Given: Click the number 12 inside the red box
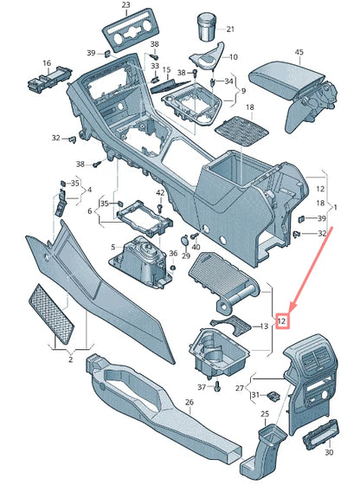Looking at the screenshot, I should pos(281,320).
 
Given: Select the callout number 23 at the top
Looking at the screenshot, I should pos(125,6).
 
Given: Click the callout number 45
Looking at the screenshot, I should pos(299,53).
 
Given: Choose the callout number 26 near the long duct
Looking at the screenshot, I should pos(190,403).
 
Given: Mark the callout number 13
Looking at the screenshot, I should pos(264,326).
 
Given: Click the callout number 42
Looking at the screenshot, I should pos(160,192).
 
